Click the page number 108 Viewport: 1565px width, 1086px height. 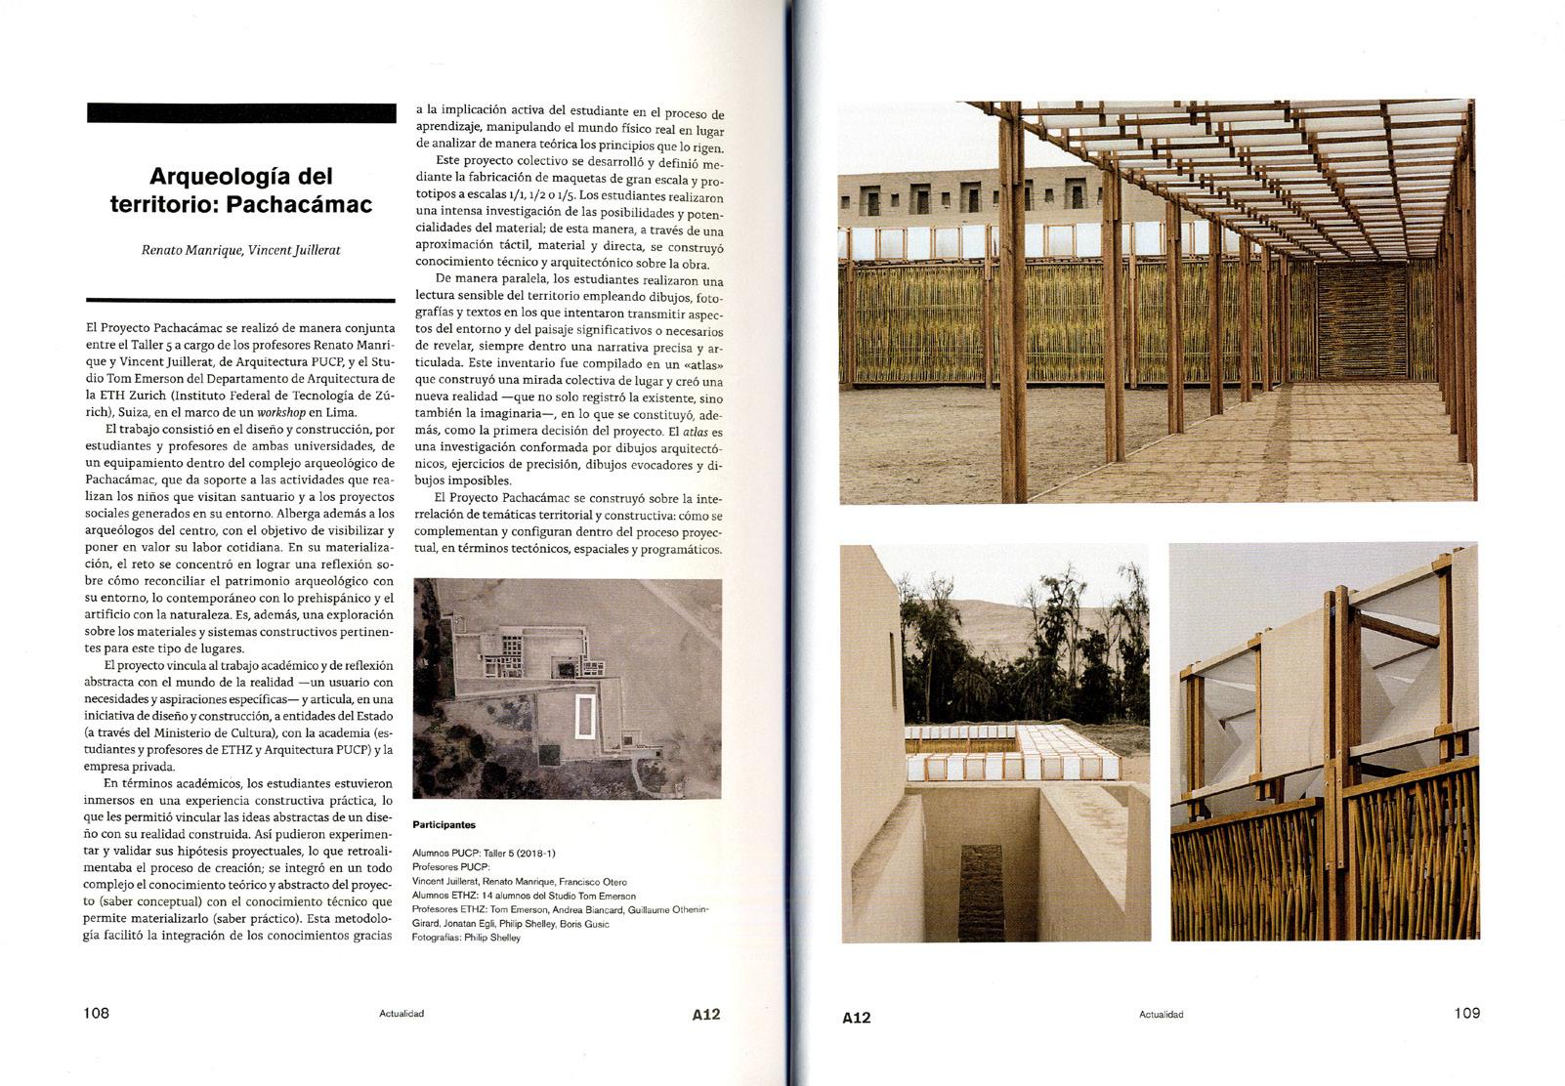tap(96, 1013)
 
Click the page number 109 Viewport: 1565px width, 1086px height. tap(1466, 1013)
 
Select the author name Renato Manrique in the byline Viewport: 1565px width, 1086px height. tap(192, 250)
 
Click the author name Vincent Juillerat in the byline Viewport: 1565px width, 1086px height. tap(294, 250)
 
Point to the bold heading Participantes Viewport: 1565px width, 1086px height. tap(444, 825)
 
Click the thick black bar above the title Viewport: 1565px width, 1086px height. tap(241, 112)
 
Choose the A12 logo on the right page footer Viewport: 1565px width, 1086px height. tap(856, 1017)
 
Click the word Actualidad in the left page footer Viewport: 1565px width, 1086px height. tap(402, 1014)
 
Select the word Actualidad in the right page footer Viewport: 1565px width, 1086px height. tap(1161, 1015)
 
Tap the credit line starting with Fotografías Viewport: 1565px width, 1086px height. tap(467, 938)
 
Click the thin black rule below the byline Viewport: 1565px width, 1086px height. tap(241, 300)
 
